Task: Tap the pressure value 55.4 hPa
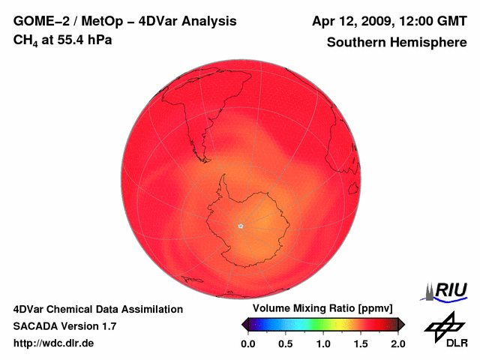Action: (x=82, y=39)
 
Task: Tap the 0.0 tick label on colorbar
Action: (x=247, y=343)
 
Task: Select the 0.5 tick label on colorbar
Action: (x=286, y=343)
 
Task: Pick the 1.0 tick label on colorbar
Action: (x=323, y=343)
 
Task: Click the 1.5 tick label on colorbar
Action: (x=361, y=343)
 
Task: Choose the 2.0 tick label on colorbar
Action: (x=398, y=343)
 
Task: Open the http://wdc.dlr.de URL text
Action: (x=54, y=343)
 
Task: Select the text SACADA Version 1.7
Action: (x=64, y=326)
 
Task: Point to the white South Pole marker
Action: (x=241, y=225)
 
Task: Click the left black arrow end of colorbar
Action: (x=245, y=324)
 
